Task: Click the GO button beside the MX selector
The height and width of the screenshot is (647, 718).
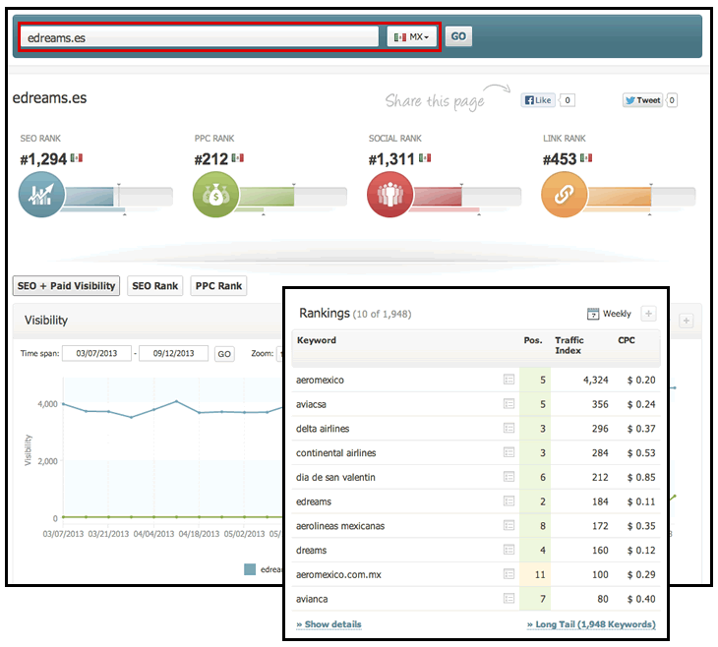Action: pyautogui.click(x=458, y=36)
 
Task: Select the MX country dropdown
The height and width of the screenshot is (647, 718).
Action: pyautogui.click(x=411, y=36)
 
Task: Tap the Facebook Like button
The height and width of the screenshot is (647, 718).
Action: pyautogui.click(x=539, y=99)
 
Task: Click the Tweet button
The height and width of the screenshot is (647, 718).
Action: pyautogui.click(x=643, y=99)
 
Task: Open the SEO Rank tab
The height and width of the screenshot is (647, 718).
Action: pyautogui.click(x=154, y=286)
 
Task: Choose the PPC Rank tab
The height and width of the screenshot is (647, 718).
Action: pyautogui.click(x=217, y=286)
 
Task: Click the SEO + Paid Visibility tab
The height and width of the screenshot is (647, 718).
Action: pyautogui.click(x=66, y=286)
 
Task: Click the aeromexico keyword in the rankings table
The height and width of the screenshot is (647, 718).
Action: pyautogui.click(x=320, y=379)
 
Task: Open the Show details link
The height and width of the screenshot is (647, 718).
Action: pyautogui.click(x=329, y=624)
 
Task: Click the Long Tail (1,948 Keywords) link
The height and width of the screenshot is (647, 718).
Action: pyautogui.click(x=591, y=624)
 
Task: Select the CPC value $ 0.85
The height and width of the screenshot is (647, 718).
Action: pyautogui.click(x=641, y=477)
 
